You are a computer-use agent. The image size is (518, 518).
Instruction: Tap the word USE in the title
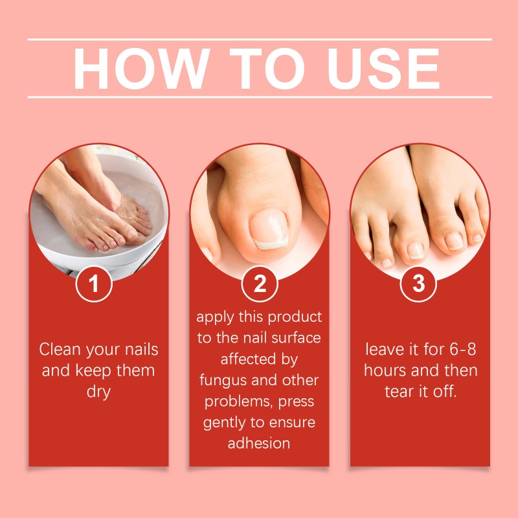coord(385,69)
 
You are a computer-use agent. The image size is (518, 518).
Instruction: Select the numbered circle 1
coord(95,284)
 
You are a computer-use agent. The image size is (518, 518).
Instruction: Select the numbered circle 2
coord(259,284)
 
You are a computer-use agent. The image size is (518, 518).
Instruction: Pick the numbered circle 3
coord(419,284)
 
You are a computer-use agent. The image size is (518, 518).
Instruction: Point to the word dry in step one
coord(98,392)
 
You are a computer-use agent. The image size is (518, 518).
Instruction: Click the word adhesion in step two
coord(259,444)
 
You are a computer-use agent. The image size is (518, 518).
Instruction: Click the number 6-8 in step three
coord(463,350)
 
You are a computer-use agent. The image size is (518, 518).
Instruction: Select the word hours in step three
coord(385,371)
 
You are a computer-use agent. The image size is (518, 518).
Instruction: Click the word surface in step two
coord(298,338)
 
